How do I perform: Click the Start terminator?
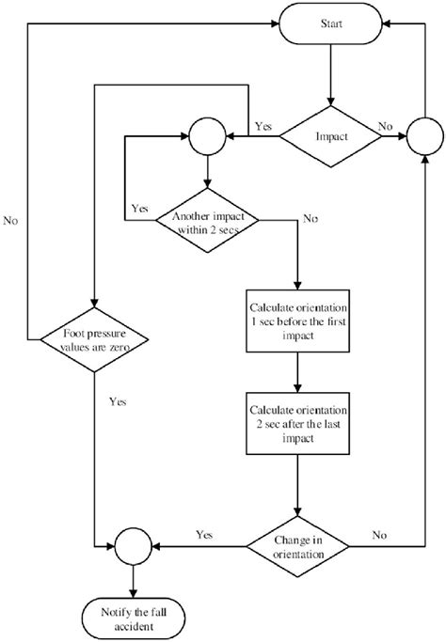[330, 21]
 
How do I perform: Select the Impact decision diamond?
[330, 135]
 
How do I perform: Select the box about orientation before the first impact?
[297, 318]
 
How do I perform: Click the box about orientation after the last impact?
[297, 421]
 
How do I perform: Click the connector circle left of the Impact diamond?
[206, 135]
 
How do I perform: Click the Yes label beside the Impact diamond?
[264, 125]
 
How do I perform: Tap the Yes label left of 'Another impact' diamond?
[139, 208]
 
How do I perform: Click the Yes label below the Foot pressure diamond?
[118, 401]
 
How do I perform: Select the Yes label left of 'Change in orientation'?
[204, 534]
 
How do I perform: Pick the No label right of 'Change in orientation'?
[378, 534]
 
